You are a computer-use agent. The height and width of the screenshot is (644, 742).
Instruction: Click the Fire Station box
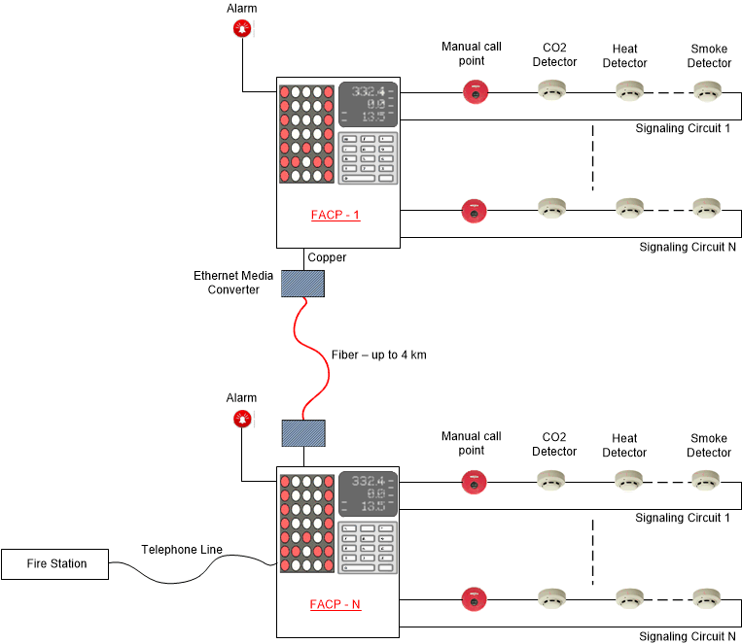55,564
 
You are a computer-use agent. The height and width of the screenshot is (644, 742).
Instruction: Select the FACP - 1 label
336,215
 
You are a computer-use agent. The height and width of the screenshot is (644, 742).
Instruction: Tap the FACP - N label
336,604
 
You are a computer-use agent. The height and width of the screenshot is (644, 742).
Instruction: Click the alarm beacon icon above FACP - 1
241,29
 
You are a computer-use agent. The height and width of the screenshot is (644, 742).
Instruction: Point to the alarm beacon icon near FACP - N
241,419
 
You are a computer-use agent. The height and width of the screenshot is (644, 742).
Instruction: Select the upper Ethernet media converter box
302,283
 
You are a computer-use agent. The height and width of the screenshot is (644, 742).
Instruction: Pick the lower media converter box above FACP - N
302,433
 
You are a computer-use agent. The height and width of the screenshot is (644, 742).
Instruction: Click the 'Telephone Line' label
182,550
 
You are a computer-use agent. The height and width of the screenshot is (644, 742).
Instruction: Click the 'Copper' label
327,257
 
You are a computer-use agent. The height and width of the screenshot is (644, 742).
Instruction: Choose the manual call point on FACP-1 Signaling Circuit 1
475,92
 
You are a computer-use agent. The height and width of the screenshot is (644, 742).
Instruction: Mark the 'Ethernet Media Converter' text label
233,283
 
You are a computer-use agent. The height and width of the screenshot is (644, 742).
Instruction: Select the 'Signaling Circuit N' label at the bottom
687,636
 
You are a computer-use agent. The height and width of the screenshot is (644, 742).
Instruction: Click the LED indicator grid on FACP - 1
306,134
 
